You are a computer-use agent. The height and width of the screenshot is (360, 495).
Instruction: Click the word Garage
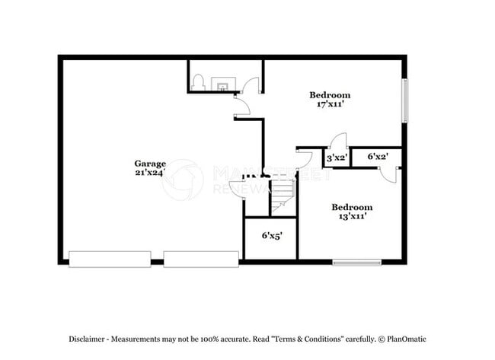pyautogui.click(x=150, y=163)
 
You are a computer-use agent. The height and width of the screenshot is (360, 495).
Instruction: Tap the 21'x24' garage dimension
pyautogui.click(x=150, y=173)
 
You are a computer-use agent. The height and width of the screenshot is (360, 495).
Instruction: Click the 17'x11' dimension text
pyautogui.click(x=329, y=104)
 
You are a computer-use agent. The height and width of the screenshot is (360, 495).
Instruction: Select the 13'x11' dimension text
pyautogui.click(x=351, y=216)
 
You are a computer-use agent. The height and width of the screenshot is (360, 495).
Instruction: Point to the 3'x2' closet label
pyautogui.click(x=337, y=158)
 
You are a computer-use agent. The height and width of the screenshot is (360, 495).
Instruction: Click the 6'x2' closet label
pyautogui.click(x=378, y=157)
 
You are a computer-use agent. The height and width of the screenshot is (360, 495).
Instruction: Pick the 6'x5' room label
pyautogui.click(x=272, y=236)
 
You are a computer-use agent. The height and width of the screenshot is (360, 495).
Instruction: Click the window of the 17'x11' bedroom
pyautogui.click(x=405, y=100)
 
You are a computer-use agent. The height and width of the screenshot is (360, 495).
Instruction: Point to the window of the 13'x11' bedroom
pyautogui.click(x=356, y=263)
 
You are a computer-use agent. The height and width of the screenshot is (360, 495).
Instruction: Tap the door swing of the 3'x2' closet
pyautogui.click(x=340, y=141)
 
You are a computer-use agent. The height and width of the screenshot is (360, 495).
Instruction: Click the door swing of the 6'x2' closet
pyautogui.click(x=389, y=175)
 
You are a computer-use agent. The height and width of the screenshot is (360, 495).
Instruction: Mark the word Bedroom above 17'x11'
pyautogui.click(x=329, y=94)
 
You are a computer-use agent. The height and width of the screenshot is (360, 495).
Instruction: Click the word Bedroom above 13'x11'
pyautogui.click(x=351, y=207)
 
